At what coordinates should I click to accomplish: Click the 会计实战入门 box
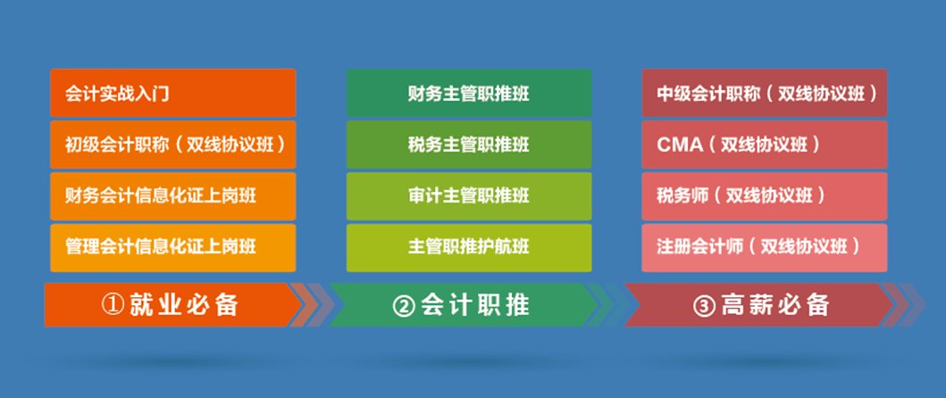[x=172, y=92]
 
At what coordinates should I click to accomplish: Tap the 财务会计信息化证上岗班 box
[x=172, y=195]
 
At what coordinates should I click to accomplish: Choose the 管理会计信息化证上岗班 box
[x=172, y=247]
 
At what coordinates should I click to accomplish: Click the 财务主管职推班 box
[x=469, y=92]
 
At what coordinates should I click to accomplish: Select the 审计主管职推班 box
[x=469, y=195]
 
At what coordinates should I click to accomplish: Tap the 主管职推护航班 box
[x=469, y=247]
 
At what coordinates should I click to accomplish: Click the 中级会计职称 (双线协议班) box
[x=765, y=92]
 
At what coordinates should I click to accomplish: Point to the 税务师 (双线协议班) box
[x=765, y=195]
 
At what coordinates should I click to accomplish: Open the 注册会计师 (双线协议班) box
[x=765, y=247]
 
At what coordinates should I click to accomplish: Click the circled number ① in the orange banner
[x=111, y=306]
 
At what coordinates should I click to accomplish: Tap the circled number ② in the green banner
[x=404, y=306]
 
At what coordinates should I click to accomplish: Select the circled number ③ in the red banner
[x=704, y=306]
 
